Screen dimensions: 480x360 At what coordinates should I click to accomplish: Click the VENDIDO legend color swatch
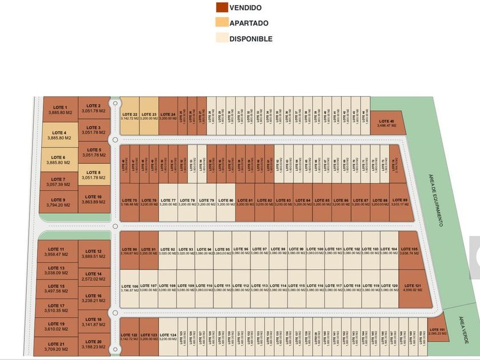[221, 7]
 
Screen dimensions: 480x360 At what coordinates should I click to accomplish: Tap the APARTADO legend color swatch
[221, 23]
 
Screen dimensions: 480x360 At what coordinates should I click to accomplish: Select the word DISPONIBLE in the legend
[251, 39]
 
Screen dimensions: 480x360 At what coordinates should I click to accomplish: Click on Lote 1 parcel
[60, 110]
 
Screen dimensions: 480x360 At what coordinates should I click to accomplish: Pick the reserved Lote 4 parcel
[59, 135]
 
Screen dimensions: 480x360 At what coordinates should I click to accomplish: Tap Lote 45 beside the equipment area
[387, 123]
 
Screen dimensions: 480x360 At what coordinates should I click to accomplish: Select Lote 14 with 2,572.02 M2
[94, 277]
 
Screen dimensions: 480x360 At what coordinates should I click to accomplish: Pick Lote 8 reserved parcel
[94, 175]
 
